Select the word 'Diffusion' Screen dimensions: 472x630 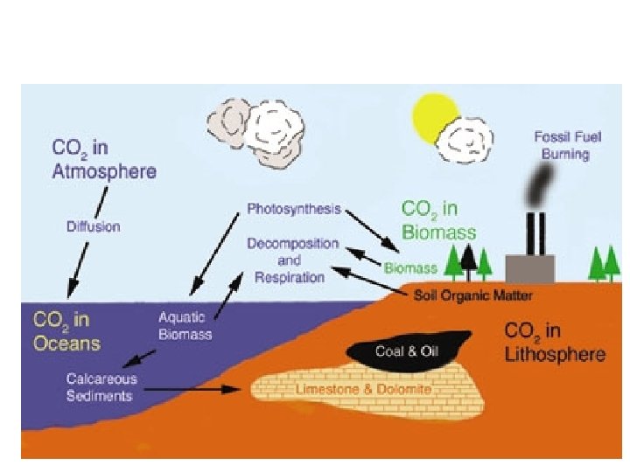pyautogui.click(x=94, y=226)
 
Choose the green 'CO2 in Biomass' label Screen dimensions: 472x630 pyautogui.click(x=438, y=220)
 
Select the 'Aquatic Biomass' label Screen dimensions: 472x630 pyautogui.click(x=185, y=325)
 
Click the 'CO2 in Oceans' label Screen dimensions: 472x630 pyautogui.click(x=67, y=330)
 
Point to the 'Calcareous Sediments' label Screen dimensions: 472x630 pyautogui.click(x=99, y=387)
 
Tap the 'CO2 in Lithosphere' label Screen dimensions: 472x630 pyautogui.click(x=554, y=342)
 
